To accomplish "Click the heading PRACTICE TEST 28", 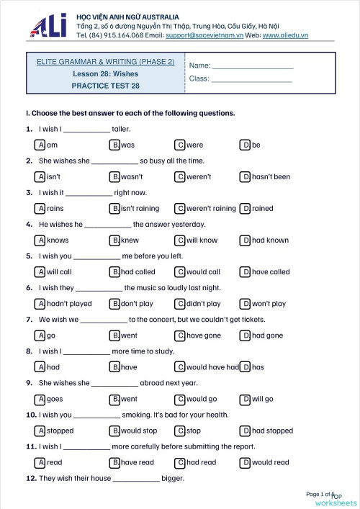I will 105,85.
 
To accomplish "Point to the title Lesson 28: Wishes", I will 105,73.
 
